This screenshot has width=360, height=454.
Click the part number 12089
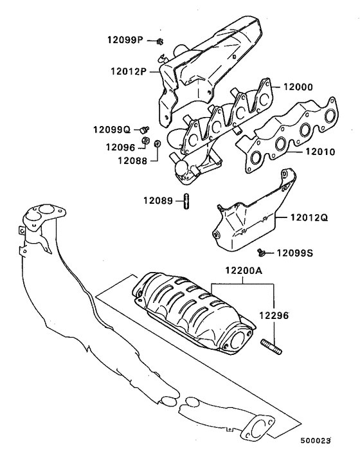click(x=157, y=201)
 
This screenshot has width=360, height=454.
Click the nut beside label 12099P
click(x=159, y=42)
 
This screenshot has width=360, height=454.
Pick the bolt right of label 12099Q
click(x=145, y=130)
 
